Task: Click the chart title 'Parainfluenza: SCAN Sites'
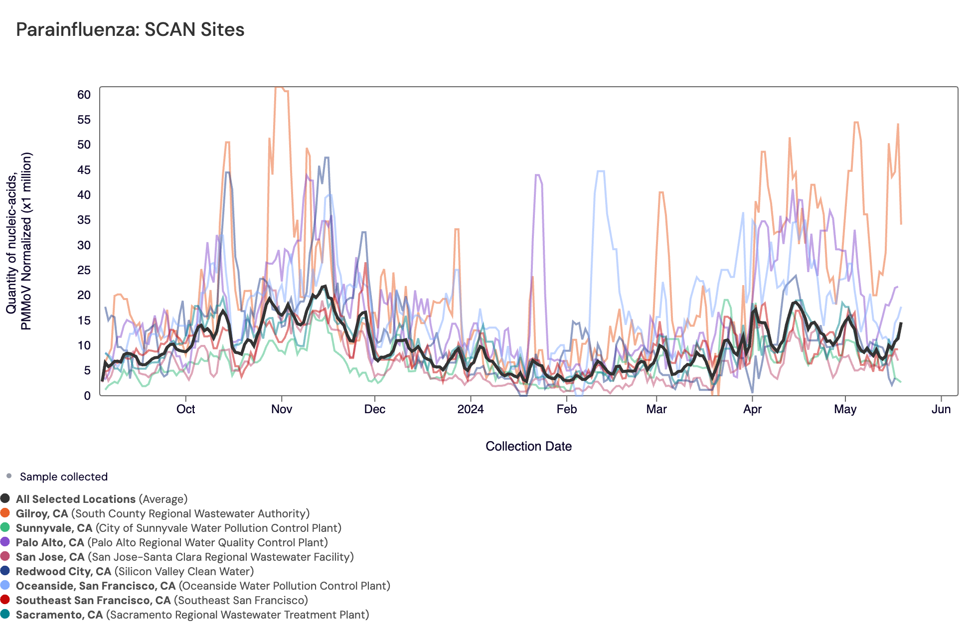tap(130, 30)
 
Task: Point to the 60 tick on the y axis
tap(84, 95)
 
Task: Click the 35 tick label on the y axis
tap(84, 220)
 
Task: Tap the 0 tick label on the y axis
tap(87, 395)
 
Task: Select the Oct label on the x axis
tap(185, 409)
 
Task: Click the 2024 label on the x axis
tap(471, 409)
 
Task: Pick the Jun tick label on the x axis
tap(941, 409)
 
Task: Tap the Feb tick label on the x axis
tap(566, 409)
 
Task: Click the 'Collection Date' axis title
tap(528, 446)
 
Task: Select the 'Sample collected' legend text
tap(63, 476)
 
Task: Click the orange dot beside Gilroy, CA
tap(5, 513)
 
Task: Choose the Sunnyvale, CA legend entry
tap(54, 528)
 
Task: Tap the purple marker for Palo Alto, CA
tap(5, 542)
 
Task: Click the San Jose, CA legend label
tap(50, 557)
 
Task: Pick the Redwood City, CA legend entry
tap(63, 571)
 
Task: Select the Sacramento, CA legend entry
tap(59, 615)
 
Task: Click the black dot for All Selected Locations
tap(5, 498)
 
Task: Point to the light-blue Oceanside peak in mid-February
tap(601, 171)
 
